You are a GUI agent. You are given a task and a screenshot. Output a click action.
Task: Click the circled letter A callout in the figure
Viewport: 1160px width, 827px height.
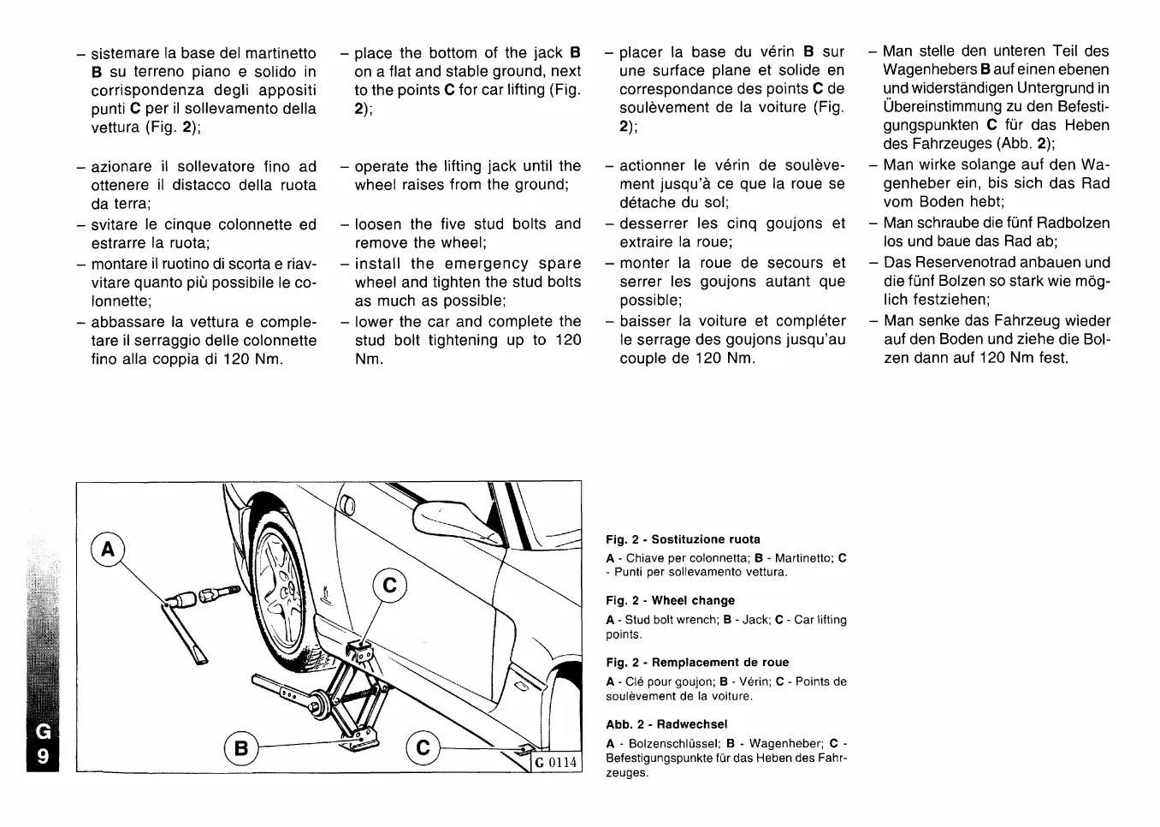coord(107,550)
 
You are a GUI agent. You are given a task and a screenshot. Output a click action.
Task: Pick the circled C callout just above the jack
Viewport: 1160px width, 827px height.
coord(390,586)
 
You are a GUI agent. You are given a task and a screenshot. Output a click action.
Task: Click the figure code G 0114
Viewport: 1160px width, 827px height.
coord(556,763)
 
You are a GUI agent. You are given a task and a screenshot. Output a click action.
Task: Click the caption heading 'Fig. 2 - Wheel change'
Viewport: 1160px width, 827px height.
coord(670,601)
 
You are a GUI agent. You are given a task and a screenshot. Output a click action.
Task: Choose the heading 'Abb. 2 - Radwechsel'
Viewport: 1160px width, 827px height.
coord(666,724)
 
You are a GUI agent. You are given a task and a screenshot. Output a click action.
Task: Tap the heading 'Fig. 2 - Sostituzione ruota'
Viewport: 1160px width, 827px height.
coord(683,539)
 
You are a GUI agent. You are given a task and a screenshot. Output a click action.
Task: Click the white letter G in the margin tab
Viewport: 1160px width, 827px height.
coord(44,732)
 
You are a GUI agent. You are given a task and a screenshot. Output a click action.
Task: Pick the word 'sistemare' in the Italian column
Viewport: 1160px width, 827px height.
coord(127,53)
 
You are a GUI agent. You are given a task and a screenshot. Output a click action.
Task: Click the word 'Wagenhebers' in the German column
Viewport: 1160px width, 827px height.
coord(930,69)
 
